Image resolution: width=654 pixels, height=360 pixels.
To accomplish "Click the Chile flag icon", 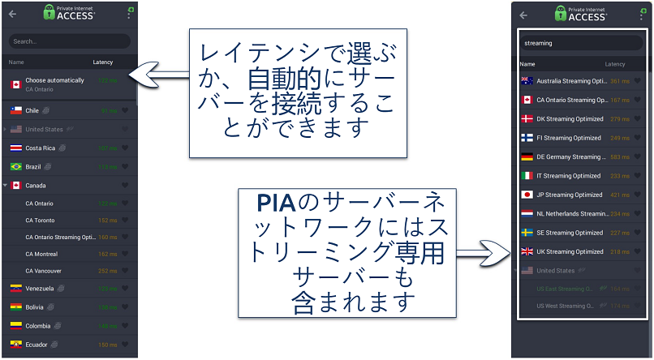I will click(15, 110).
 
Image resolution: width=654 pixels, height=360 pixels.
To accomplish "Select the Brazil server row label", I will click(32, 166).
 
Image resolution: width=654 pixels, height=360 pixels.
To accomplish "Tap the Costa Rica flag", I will click(15, 148).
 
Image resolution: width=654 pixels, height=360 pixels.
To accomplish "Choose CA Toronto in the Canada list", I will click(40, 219).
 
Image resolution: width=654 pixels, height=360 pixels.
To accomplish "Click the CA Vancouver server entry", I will click(43, 271).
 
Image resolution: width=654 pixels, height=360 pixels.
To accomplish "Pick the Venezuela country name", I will click(40, 289).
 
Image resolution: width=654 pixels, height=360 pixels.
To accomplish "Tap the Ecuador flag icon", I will click(15, 345).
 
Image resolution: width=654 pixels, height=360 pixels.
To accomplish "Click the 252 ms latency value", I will click(108, 271).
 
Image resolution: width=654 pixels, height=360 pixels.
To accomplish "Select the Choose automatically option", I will click(54, 80).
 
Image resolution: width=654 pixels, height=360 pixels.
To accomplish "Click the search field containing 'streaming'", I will click(568, 42).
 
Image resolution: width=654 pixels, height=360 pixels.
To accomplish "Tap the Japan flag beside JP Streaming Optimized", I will click(527, 195).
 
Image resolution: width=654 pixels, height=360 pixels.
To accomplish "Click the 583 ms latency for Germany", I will click(620, 156).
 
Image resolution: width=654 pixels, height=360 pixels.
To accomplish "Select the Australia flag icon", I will click(527, 81).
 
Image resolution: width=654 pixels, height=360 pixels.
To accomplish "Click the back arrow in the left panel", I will click(12, 14).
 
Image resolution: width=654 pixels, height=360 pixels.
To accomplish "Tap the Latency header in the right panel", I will click(615, 64).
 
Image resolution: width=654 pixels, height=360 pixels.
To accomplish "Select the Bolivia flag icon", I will click(15, 307).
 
